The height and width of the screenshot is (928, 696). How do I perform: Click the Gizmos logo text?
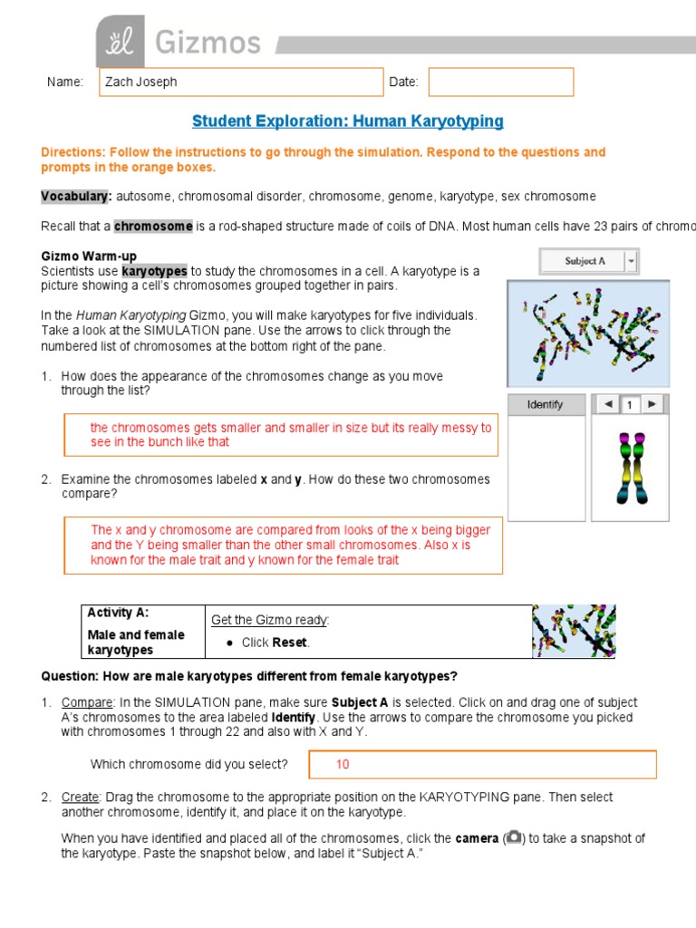[x=208, y=42]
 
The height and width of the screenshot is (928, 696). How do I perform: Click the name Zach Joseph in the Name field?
[x=141, y=82]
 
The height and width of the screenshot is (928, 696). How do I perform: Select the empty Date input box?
[x=500, y=82]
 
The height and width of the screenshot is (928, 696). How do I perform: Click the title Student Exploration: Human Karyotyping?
[x=348, y=121]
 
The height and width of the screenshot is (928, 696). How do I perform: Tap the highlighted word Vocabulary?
[x=76, y=196]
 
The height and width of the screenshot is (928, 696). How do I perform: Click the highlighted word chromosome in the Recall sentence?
[x=153, y=226]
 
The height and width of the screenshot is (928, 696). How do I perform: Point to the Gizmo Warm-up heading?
[x=89, y=256]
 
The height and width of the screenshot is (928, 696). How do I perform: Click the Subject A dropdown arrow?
[x=631, y=261]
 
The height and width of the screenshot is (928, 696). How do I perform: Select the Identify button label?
[x=545, y=405]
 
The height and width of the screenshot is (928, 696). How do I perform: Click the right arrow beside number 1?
[x=651, y=404]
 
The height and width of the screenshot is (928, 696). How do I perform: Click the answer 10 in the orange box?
[x=343, y=764]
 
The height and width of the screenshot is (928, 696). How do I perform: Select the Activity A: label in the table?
[x=118, y=614]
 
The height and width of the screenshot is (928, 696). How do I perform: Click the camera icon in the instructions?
[x=514, y=838]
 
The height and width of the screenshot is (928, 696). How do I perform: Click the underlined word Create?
[x=79, y=797]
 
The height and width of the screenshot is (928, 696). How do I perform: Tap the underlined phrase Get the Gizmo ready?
[x=270, y=620]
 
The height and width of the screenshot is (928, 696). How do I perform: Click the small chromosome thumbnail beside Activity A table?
[x=574, y=631]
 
